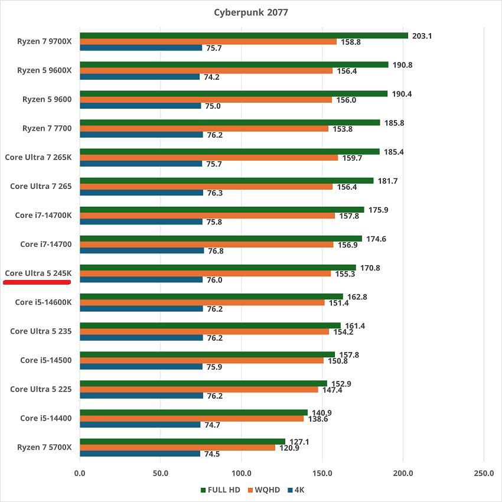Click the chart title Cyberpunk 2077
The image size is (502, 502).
tap(252, 12)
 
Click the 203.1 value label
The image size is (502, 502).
tap(422, 35)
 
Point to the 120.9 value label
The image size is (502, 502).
tap(288, 448)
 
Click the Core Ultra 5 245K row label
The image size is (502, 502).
tap(38, 273)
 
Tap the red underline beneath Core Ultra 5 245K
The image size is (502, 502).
tap(37, 282)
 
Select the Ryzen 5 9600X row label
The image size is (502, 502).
tap(44, 70)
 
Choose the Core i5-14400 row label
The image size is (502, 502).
tap(45, 418)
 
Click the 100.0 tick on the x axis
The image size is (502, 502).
tap(241, 473)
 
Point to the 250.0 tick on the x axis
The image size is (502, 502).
tap(484, 473)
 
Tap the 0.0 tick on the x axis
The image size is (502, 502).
tap(80, 473)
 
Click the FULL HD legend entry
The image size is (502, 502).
tap(221, 490)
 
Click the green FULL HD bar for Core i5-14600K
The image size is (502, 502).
tap(211, 296)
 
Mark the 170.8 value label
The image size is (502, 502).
tap(370, 268)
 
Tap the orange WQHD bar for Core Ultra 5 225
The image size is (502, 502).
tap(198, 390)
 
